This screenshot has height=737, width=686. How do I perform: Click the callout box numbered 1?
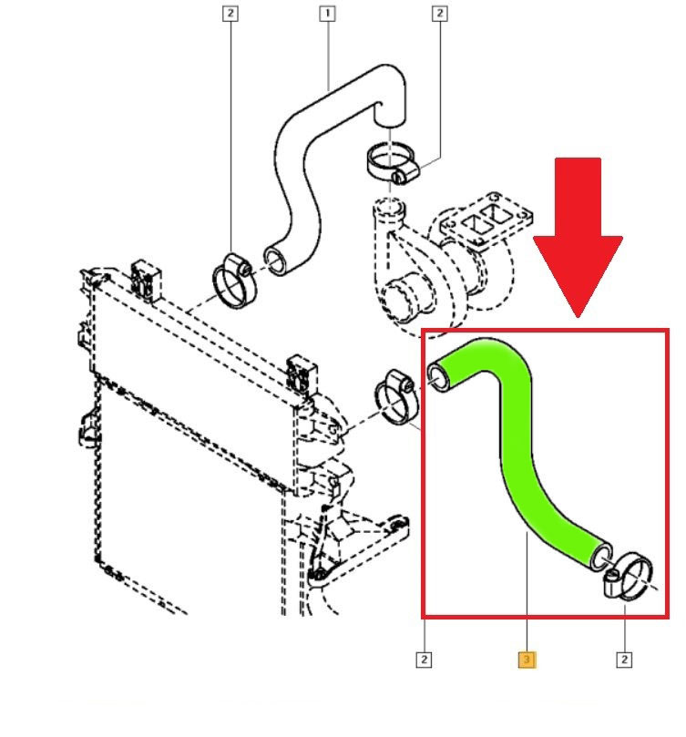tap(327, 13)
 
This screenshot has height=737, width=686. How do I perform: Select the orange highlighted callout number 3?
tap(527, 660)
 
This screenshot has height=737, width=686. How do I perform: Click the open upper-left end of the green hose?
tap(439, 378)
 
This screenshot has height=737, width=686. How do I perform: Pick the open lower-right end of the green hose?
tap(601, 557)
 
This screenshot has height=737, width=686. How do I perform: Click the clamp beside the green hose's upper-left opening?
tap(396, 396)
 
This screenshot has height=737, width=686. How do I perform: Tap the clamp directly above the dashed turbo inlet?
tap(392, 163)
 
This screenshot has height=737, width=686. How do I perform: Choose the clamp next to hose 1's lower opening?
tap(234, 281)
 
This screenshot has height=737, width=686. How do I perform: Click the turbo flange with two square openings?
tap(486, 219)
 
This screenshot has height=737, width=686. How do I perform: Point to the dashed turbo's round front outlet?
tap(404, 298)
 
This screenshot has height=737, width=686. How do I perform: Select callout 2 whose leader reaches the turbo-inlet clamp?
tap(440, 13)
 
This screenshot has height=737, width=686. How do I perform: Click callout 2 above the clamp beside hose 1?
tap(230, 13)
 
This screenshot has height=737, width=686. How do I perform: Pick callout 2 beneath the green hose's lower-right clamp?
tap(624, 660)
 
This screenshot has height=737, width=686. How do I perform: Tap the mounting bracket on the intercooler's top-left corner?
tap(147, 281)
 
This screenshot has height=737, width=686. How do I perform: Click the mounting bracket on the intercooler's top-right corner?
tap(302, 374)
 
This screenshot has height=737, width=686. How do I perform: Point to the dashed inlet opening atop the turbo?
tap(389, 208)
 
